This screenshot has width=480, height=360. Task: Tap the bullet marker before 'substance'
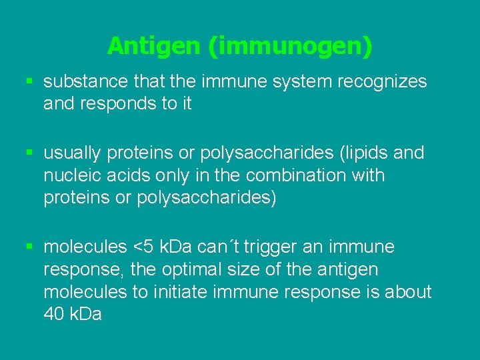coord(29,81)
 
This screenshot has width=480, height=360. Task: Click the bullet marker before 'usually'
coord(29,153)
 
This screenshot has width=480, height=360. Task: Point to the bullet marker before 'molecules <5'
coord(29,247)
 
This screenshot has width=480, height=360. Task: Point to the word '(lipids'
coord(363,153)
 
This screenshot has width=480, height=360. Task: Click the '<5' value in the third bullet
coord(146,247)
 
